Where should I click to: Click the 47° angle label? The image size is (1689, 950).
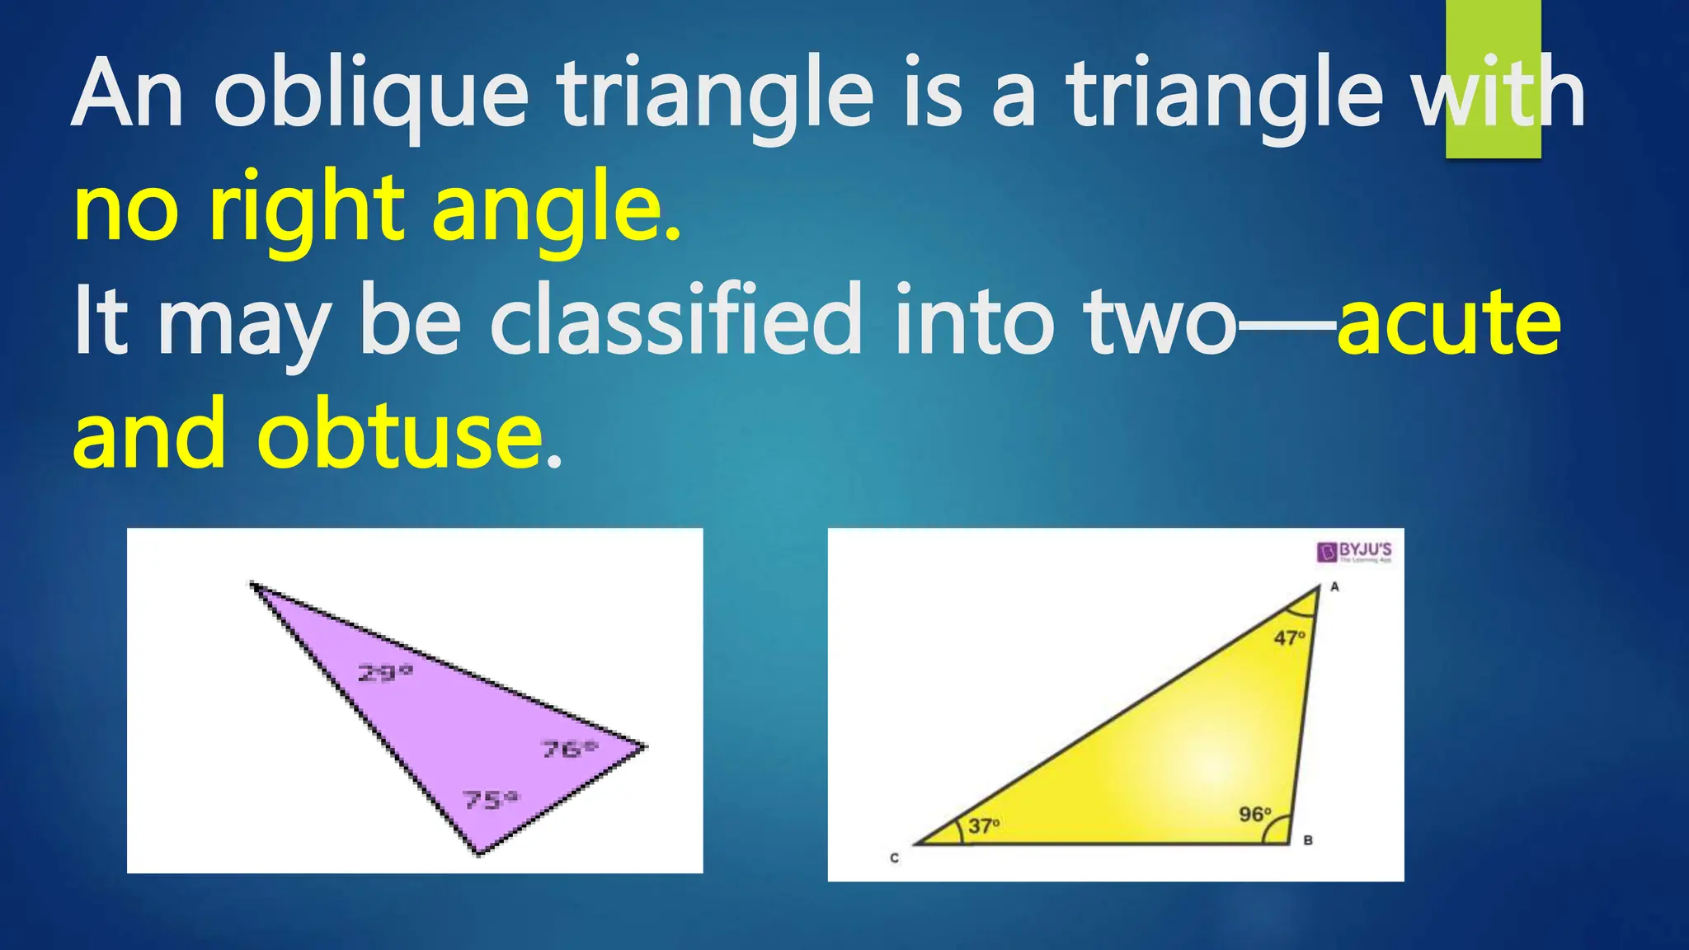[x=1289, y=637]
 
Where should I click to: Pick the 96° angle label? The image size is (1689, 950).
[x=1255, y=814]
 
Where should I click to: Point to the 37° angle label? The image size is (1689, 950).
[x=984, y=825]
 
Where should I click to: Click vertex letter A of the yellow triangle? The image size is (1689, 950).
[x=1334, y=587]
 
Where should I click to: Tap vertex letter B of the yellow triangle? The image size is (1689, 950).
[x=1308, y=840]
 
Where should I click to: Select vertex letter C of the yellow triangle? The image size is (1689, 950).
[x=894, y=858]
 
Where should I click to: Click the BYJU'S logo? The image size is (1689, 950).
[x=1354, y=552]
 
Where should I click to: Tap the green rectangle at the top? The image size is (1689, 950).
[x=1493, y=78]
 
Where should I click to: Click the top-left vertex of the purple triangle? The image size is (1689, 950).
[x=252, y=585]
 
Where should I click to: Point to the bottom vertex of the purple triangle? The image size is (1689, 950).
[x=478, y=853]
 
